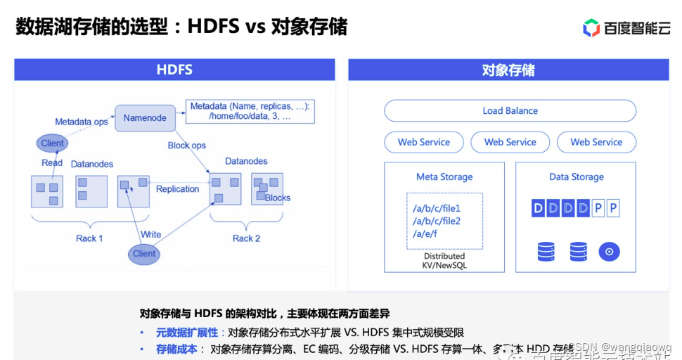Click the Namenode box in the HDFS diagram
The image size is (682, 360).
(144, 117)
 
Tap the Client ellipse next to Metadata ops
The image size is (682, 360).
(52, 143)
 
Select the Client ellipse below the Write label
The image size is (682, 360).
(143, 254)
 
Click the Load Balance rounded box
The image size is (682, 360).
(510, 111)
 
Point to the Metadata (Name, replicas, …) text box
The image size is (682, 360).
(250, 112)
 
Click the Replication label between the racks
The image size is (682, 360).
(177, 189)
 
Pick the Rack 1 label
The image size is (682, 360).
(89, 238)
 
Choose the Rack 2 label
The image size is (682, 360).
(246, 238)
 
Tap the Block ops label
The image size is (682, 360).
(186, 146)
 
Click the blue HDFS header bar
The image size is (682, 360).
(174, 70)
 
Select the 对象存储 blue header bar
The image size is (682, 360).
(508, 70)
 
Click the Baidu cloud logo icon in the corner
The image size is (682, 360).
(591, 27)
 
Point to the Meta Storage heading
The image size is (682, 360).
(444, 177)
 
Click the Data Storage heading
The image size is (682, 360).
(577, 177)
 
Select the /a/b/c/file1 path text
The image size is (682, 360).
(437, 209)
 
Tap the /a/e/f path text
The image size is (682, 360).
(425, 234)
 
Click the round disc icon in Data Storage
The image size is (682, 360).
(609, 251)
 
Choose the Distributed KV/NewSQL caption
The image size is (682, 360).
(444, 261)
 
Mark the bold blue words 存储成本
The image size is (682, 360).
(176, 349)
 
